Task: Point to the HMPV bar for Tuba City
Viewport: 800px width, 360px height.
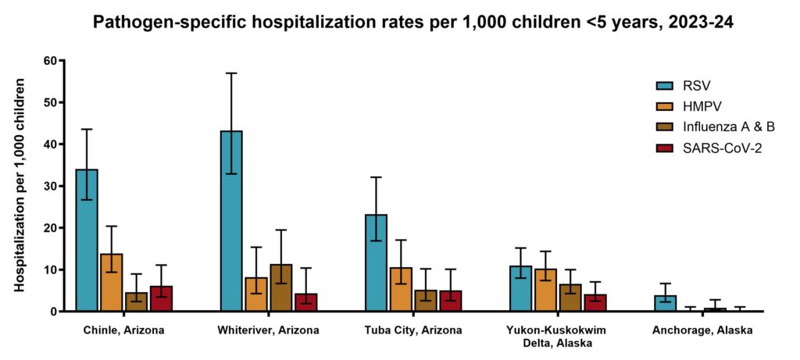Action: click(x=401, y=290)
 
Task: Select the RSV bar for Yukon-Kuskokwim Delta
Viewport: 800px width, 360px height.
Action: click(x=520, y=289)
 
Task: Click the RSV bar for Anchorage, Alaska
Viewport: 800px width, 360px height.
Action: click(x=665, y=304)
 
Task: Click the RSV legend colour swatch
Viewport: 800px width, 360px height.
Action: click(x=666, y=85)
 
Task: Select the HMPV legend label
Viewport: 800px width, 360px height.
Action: click(x=707, y=106)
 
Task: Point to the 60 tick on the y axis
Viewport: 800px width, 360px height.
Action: click(x=52, y=61)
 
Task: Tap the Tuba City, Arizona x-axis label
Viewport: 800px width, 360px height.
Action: click(x=413, y=330)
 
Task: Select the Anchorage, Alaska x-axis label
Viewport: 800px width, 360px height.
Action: click(x=702, y=330)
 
